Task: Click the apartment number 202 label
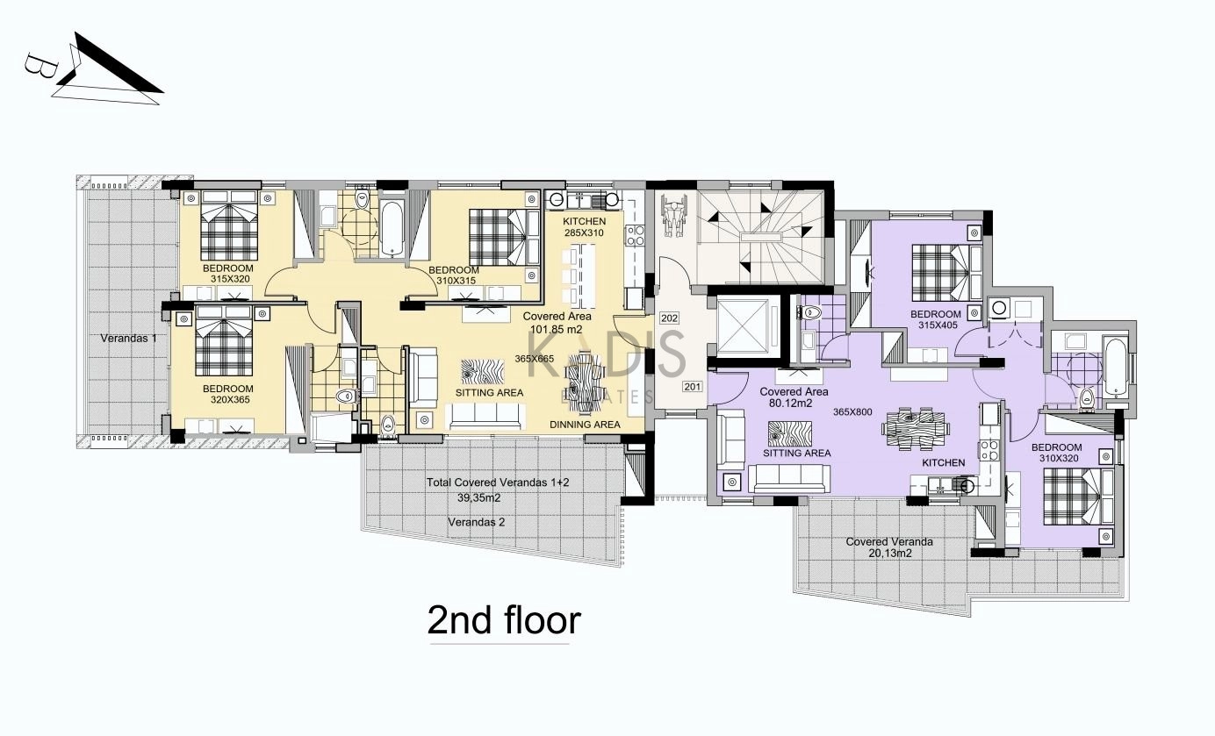tap(669, 318)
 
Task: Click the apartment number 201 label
tap(693, 387)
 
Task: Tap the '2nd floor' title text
tap(504, 620)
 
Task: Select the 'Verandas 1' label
tap(128, 339)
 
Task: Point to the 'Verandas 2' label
tap(476, 522)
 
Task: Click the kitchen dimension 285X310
tap(583, 233)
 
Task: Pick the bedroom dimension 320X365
tap(230, 400)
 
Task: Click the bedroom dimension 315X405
tap(938, 325)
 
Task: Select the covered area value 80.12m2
tap(791, 404)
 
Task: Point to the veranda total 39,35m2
tap(479, 498)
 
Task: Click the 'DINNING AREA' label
tap(585, 425)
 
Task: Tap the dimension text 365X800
tap(852, 412)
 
